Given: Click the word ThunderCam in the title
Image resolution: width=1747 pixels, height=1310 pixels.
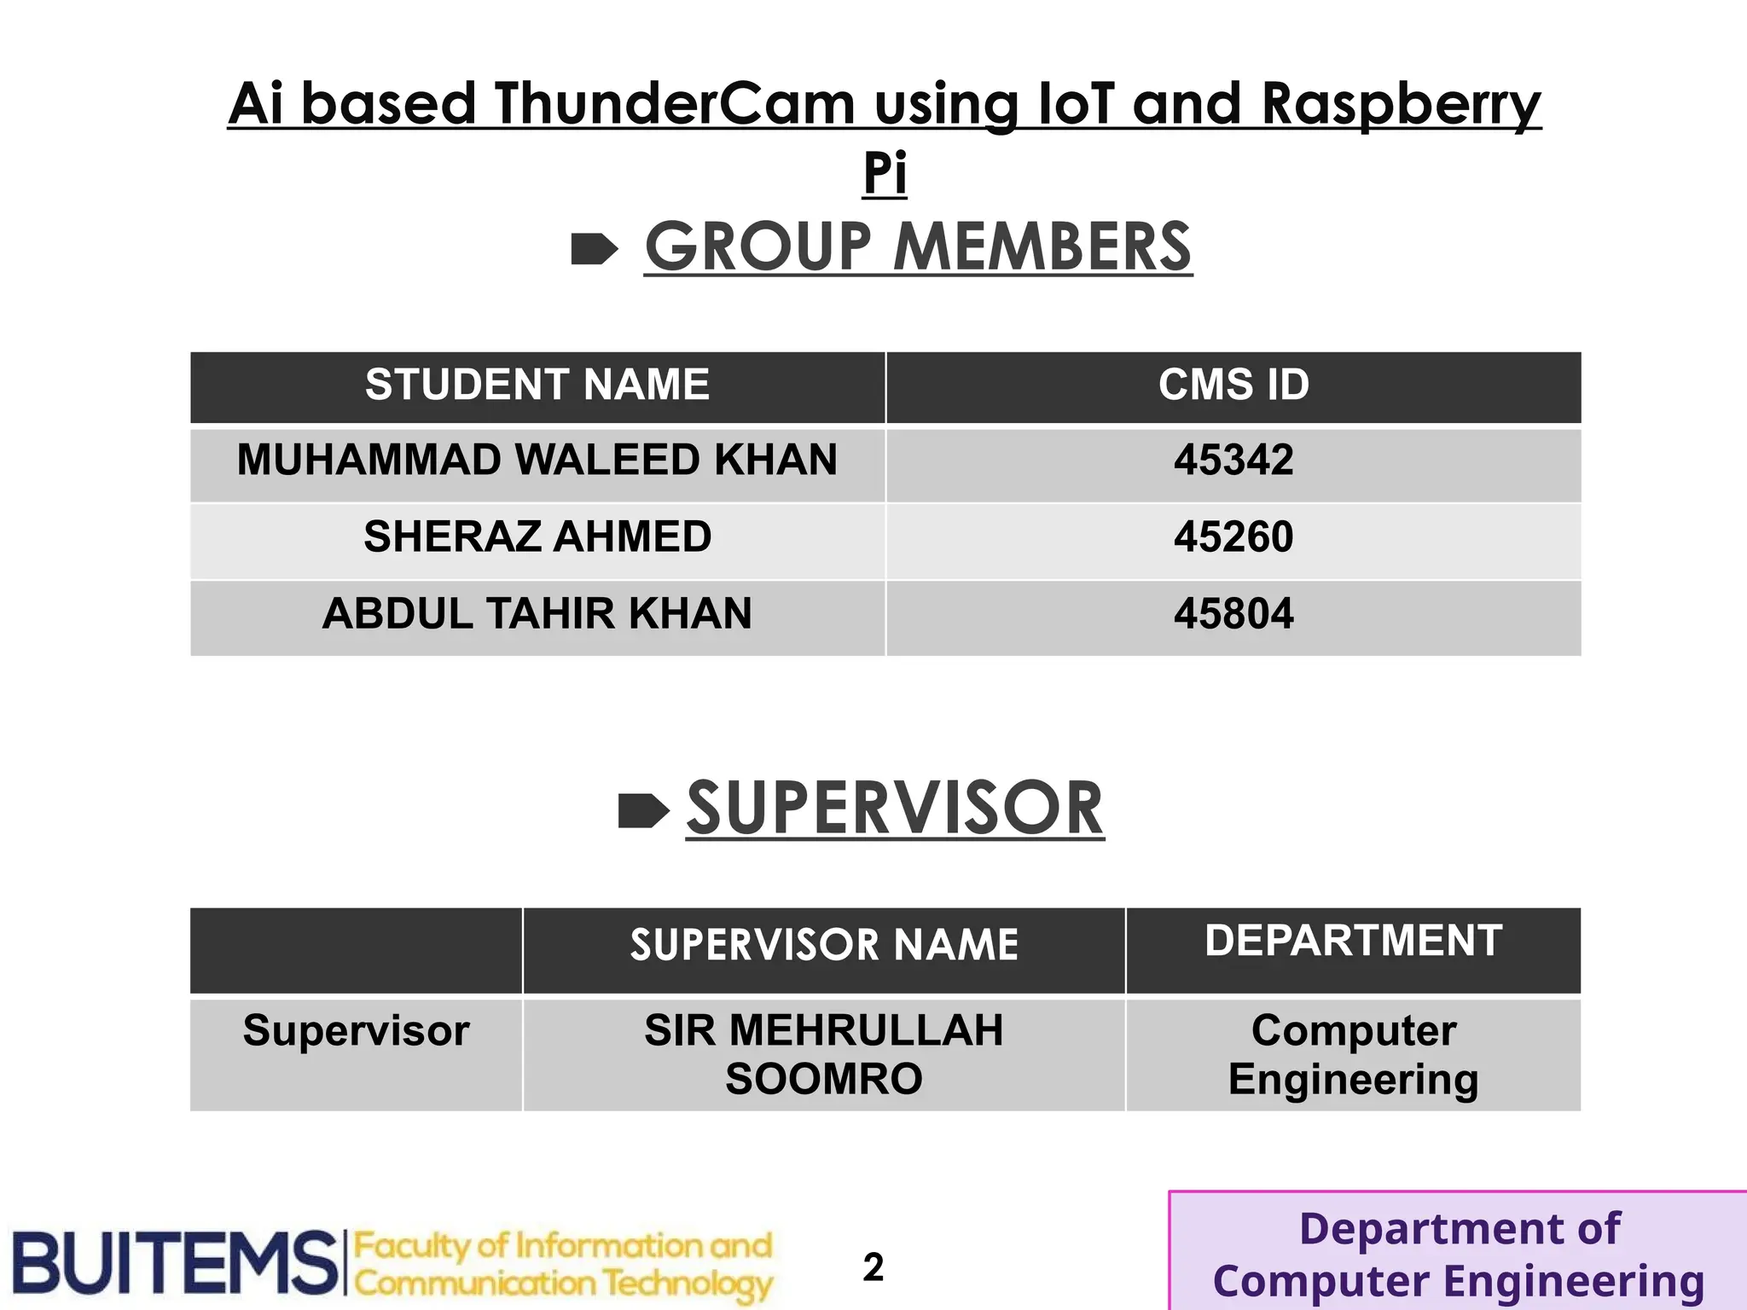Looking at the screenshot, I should (674, 104).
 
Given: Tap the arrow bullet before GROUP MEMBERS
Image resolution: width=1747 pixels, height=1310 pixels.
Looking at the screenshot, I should (594, 249).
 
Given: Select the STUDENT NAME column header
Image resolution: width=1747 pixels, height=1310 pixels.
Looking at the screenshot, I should (537, 385).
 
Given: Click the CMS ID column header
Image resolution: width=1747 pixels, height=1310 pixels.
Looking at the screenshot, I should (1233, 385).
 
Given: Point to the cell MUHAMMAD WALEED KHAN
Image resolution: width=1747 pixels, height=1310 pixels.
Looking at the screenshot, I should (537, 461).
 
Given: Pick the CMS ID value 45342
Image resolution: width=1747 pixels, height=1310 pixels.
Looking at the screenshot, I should (1233, 461).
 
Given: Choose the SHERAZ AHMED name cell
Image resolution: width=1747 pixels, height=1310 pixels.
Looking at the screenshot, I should (537, 537).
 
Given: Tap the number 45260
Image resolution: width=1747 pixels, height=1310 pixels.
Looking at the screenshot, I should (1233, 537).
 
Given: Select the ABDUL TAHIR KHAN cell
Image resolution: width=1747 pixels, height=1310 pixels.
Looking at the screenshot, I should (537, 614).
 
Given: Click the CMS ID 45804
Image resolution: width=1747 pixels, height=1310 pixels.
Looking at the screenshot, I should (1233, 614).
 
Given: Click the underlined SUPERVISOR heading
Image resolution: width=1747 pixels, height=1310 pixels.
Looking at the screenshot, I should (895, 809).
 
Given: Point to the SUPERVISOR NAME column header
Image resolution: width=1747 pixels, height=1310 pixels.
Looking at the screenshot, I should (824, 945).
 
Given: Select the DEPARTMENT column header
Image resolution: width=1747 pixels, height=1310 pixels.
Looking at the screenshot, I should (1353, 942).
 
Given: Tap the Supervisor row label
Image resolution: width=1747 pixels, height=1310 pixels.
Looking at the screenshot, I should (357, 1031).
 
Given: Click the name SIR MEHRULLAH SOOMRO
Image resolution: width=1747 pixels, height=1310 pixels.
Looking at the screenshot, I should (824, 1054).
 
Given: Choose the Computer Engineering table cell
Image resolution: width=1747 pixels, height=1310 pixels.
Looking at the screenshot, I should (1353, 1054).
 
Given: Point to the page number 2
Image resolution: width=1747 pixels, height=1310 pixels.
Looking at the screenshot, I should (873, 1267).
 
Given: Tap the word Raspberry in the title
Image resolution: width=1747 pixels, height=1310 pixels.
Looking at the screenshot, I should (1400, 104).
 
